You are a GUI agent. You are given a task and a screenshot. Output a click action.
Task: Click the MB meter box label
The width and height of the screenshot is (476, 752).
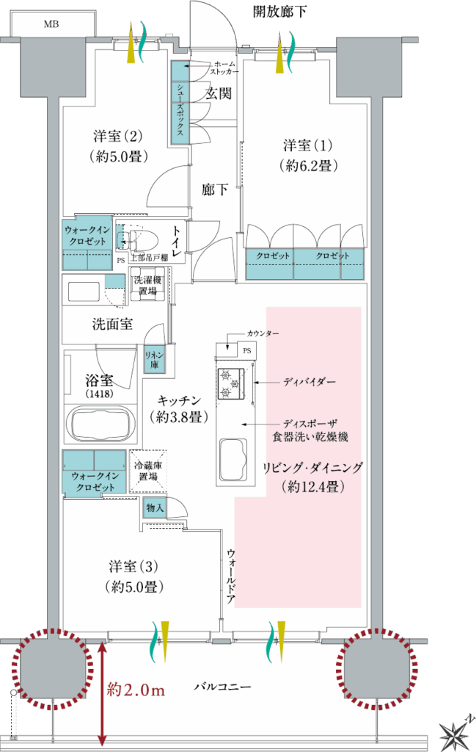pyautogui.click(x=51, y=24)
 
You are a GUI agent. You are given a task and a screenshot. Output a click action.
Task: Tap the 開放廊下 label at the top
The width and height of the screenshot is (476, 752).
pyautogui.click(x=279, y=11)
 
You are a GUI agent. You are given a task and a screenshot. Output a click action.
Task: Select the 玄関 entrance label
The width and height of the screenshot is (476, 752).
pyautogui.click(x=219, y=93)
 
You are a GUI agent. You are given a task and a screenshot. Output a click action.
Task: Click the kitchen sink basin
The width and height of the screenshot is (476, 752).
pyautogui.click(x=233, y=460)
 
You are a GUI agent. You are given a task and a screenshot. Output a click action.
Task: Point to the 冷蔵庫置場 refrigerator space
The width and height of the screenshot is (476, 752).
pyautogui.click(x=148, y=471)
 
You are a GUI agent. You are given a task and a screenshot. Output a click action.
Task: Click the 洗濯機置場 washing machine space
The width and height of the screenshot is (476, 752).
pyautogui.click(x=147, y=286)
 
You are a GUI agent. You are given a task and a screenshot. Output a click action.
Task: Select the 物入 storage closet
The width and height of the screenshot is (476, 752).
pyautogui.click(x=155, y=507)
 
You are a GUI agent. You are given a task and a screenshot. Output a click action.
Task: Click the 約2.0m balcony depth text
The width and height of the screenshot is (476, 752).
pyautogui.click(x=136, y=690)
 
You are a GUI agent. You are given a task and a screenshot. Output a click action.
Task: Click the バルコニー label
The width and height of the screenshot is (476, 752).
pyautogui.click(x=222, y=687)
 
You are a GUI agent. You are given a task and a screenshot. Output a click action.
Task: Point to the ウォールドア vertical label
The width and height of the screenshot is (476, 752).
pyautogui.click(x=231, y=576)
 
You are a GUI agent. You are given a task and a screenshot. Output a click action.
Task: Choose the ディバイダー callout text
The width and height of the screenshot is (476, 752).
pyautogui.click(x=309, y=382)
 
